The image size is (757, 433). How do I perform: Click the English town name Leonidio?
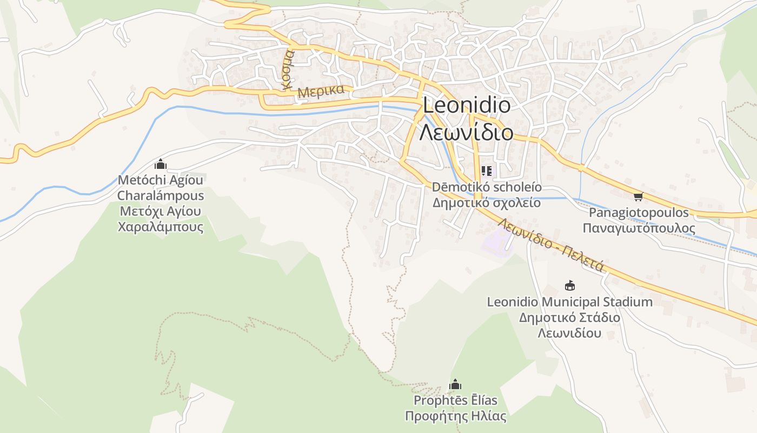466,105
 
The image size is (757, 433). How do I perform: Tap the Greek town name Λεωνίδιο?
466,132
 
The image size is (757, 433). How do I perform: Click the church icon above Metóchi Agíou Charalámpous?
160,164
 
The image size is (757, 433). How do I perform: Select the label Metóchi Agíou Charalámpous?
161,187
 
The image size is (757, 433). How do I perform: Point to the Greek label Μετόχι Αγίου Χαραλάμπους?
161,219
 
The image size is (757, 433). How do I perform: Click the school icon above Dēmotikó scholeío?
486,171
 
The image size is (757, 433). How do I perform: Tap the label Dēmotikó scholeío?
486,187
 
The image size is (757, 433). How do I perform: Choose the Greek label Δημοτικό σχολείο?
486,203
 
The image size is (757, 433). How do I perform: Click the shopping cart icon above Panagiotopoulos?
638,196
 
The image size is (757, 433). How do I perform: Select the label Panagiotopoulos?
639,212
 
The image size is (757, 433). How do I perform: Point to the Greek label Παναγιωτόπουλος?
639,228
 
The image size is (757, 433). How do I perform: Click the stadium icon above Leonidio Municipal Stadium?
569,285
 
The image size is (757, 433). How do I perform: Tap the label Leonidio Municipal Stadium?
569,301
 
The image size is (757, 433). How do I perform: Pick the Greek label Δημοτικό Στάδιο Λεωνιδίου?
569,325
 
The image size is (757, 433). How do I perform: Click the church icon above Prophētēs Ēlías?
455,384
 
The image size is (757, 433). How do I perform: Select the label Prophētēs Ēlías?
455,401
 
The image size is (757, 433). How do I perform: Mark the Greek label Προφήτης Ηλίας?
455,416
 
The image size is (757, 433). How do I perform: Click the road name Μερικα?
321,91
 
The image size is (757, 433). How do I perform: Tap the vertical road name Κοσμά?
288,70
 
